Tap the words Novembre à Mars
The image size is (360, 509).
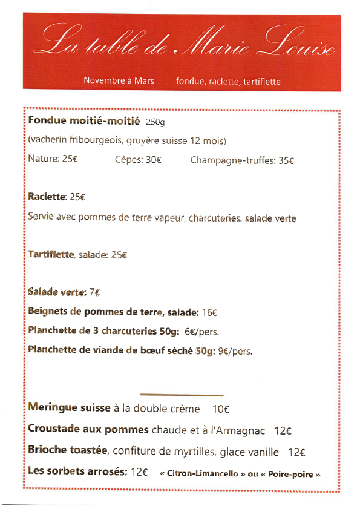[119, 80]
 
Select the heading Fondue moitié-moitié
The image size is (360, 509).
[84, 120]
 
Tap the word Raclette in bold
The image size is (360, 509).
[47, 197]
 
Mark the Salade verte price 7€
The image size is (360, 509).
[94, 292]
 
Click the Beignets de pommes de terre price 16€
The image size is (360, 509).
[209, 312]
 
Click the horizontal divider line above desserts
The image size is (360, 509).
[182, 395]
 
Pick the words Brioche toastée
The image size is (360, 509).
[68, 451]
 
